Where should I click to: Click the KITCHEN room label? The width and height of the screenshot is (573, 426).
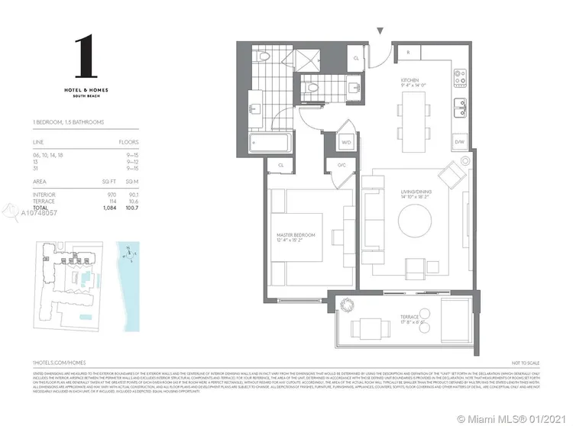point(413,79)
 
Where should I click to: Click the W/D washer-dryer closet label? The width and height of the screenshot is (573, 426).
point(345,142)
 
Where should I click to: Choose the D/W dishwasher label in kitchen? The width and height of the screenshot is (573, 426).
point(459,142)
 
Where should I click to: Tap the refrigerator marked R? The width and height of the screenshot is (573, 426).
point(408,53)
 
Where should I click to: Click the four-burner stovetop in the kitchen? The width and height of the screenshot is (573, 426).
point(461,77)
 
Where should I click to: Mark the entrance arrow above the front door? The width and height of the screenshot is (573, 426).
point(380,31)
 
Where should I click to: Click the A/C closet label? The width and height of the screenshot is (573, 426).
point(342,165)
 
